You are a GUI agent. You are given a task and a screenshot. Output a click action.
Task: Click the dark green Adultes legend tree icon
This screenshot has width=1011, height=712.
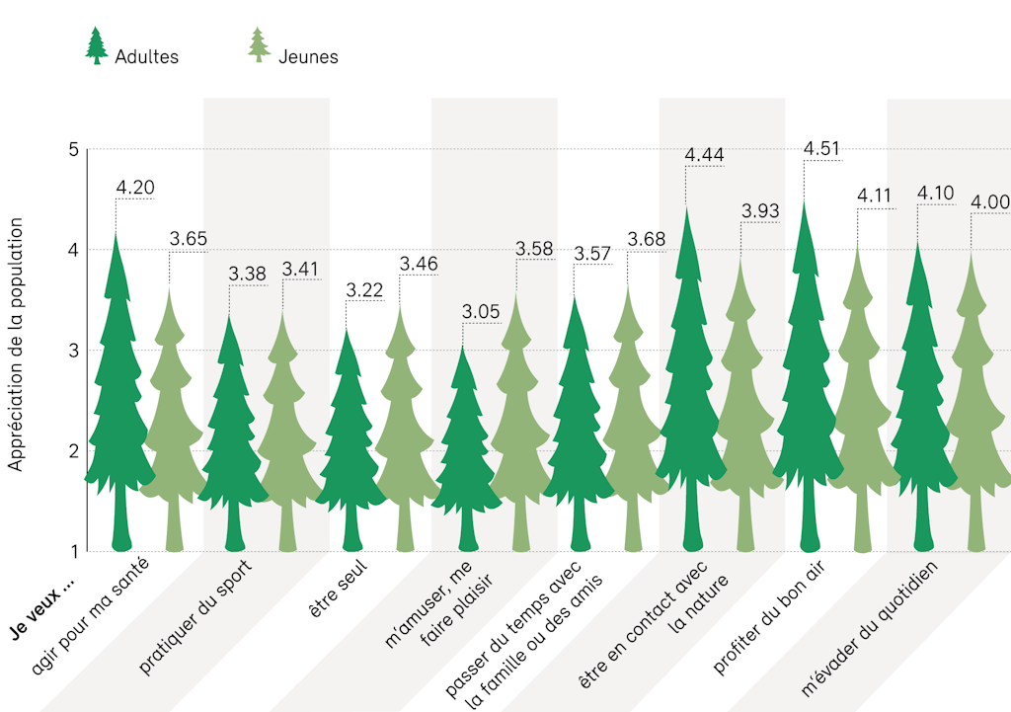(96, 45)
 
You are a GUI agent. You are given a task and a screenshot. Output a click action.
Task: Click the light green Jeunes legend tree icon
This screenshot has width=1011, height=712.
(259, 45)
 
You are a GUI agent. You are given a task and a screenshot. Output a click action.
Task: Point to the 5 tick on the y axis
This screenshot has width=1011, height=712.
(72, 150)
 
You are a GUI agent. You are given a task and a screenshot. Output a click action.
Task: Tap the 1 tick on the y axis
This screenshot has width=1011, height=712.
(72, 551)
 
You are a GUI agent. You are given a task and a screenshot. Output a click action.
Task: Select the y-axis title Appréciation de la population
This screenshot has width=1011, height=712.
(16, 344)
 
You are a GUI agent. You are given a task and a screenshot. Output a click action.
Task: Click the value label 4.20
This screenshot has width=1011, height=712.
(135, 188)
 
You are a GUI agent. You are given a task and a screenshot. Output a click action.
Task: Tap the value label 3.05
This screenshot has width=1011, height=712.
(481, 312)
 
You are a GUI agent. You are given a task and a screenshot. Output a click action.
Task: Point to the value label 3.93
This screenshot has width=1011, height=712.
(760, 210)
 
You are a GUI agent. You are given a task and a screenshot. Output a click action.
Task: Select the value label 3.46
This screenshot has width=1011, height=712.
(418, 264)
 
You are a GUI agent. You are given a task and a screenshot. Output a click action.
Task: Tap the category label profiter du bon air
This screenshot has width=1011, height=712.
(770, 617)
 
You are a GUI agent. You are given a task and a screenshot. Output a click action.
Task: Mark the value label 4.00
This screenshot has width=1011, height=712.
(989, 202)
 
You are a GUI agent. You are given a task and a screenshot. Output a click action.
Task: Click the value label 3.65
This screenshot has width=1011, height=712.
(188, 238)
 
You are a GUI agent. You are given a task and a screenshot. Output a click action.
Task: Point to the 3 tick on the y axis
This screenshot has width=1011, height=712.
(72, 351)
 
